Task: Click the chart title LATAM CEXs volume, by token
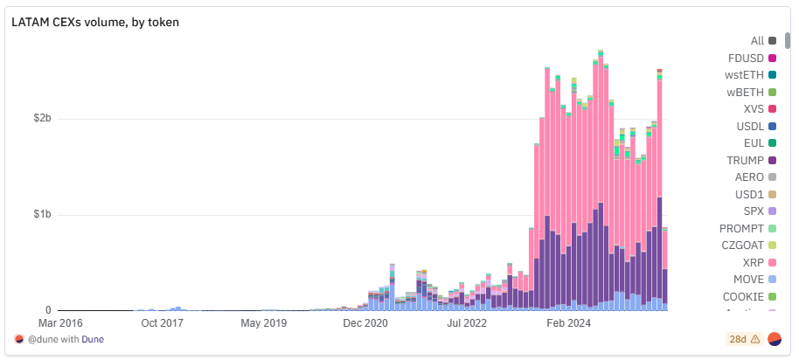[x=95, y=22]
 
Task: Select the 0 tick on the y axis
[x=49, y=310]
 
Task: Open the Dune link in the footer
[x=93, y=339]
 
